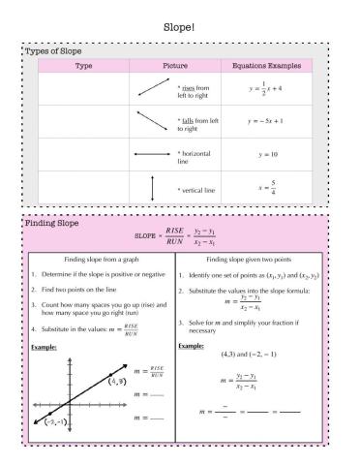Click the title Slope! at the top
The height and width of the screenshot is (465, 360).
click(179, 27)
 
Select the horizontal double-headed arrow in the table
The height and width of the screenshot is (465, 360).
click(153, 153)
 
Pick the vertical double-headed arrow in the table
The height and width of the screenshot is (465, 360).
click(153, 187)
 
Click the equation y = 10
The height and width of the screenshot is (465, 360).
click(267, 153)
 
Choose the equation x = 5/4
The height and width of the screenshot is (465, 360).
click(267, 186)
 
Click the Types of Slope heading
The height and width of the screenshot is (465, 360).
click(52, 49)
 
